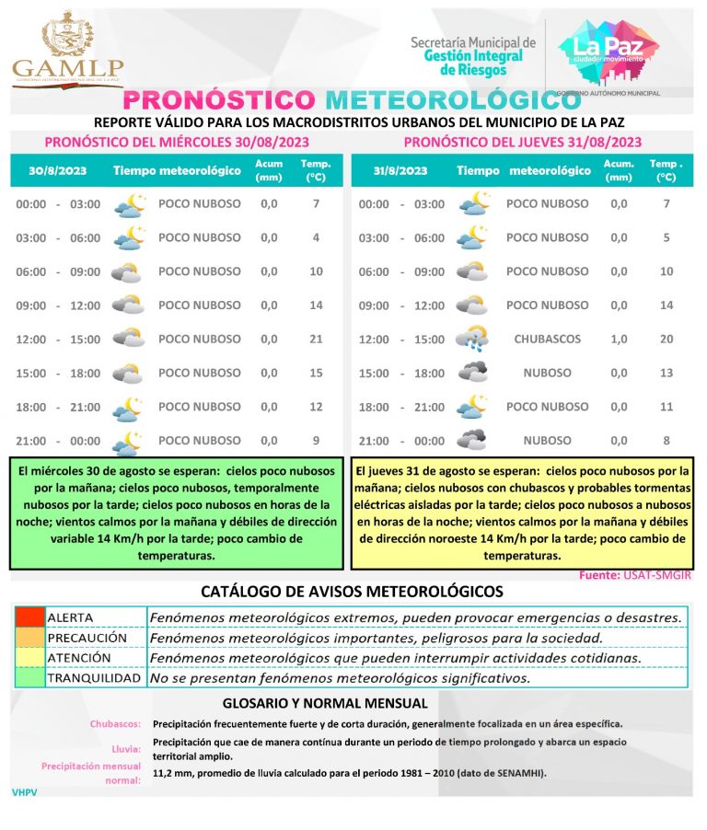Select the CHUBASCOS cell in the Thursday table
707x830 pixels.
[548, 339]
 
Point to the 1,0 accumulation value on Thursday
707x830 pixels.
[619, 339]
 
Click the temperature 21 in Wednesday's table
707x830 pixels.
[316, 339]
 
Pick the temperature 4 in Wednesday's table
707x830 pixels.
[316, 237]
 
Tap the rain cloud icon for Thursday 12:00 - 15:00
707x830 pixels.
[471, 339]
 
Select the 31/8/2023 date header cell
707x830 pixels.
[400, 171]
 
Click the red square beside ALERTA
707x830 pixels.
[29, 617]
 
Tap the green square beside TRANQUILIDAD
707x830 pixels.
[29, 678]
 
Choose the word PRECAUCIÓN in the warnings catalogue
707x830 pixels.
[87, 638]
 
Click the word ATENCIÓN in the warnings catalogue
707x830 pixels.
[79, 658]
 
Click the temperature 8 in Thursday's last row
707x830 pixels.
[666, 440]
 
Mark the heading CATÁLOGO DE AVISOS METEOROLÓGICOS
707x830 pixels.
[353, 591]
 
